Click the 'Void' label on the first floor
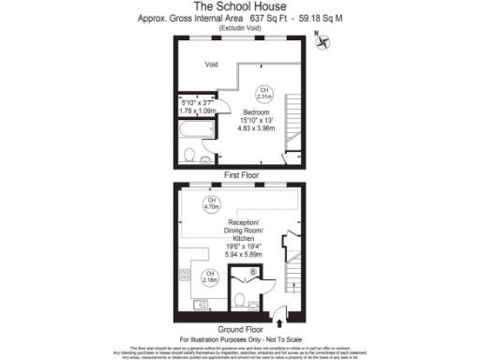tap(213, 65)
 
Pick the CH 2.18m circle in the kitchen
tap(210, 277)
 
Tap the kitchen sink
tap(200, 304)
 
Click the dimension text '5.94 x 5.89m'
tap(244, 255)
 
